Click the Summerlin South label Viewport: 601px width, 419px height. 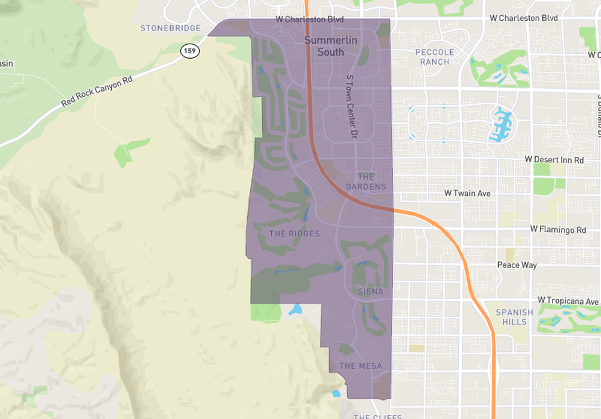click(324, 46)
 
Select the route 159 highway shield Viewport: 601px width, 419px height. click(190, 51)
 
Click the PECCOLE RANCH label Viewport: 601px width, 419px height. click(435, 57)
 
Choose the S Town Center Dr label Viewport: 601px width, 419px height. click(353, 108)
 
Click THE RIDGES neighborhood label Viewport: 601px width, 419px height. click(295, 233)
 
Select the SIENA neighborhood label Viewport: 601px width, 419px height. click(370, 292)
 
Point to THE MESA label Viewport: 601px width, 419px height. click(360, 366)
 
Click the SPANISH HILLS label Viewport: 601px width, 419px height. click(514, 317)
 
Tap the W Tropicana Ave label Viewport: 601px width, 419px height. click(567, 300)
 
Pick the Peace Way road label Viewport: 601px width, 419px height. click(517, 265)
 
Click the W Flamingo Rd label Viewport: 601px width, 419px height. click(558, 229)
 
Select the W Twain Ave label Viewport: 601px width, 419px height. click(467, 193)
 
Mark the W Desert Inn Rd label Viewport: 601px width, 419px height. click(554, 160)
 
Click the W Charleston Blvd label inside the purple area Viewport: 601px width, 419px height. click(309, 19)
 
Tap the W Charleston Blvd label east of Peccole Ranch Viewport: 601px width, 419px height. click(524, 18)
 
